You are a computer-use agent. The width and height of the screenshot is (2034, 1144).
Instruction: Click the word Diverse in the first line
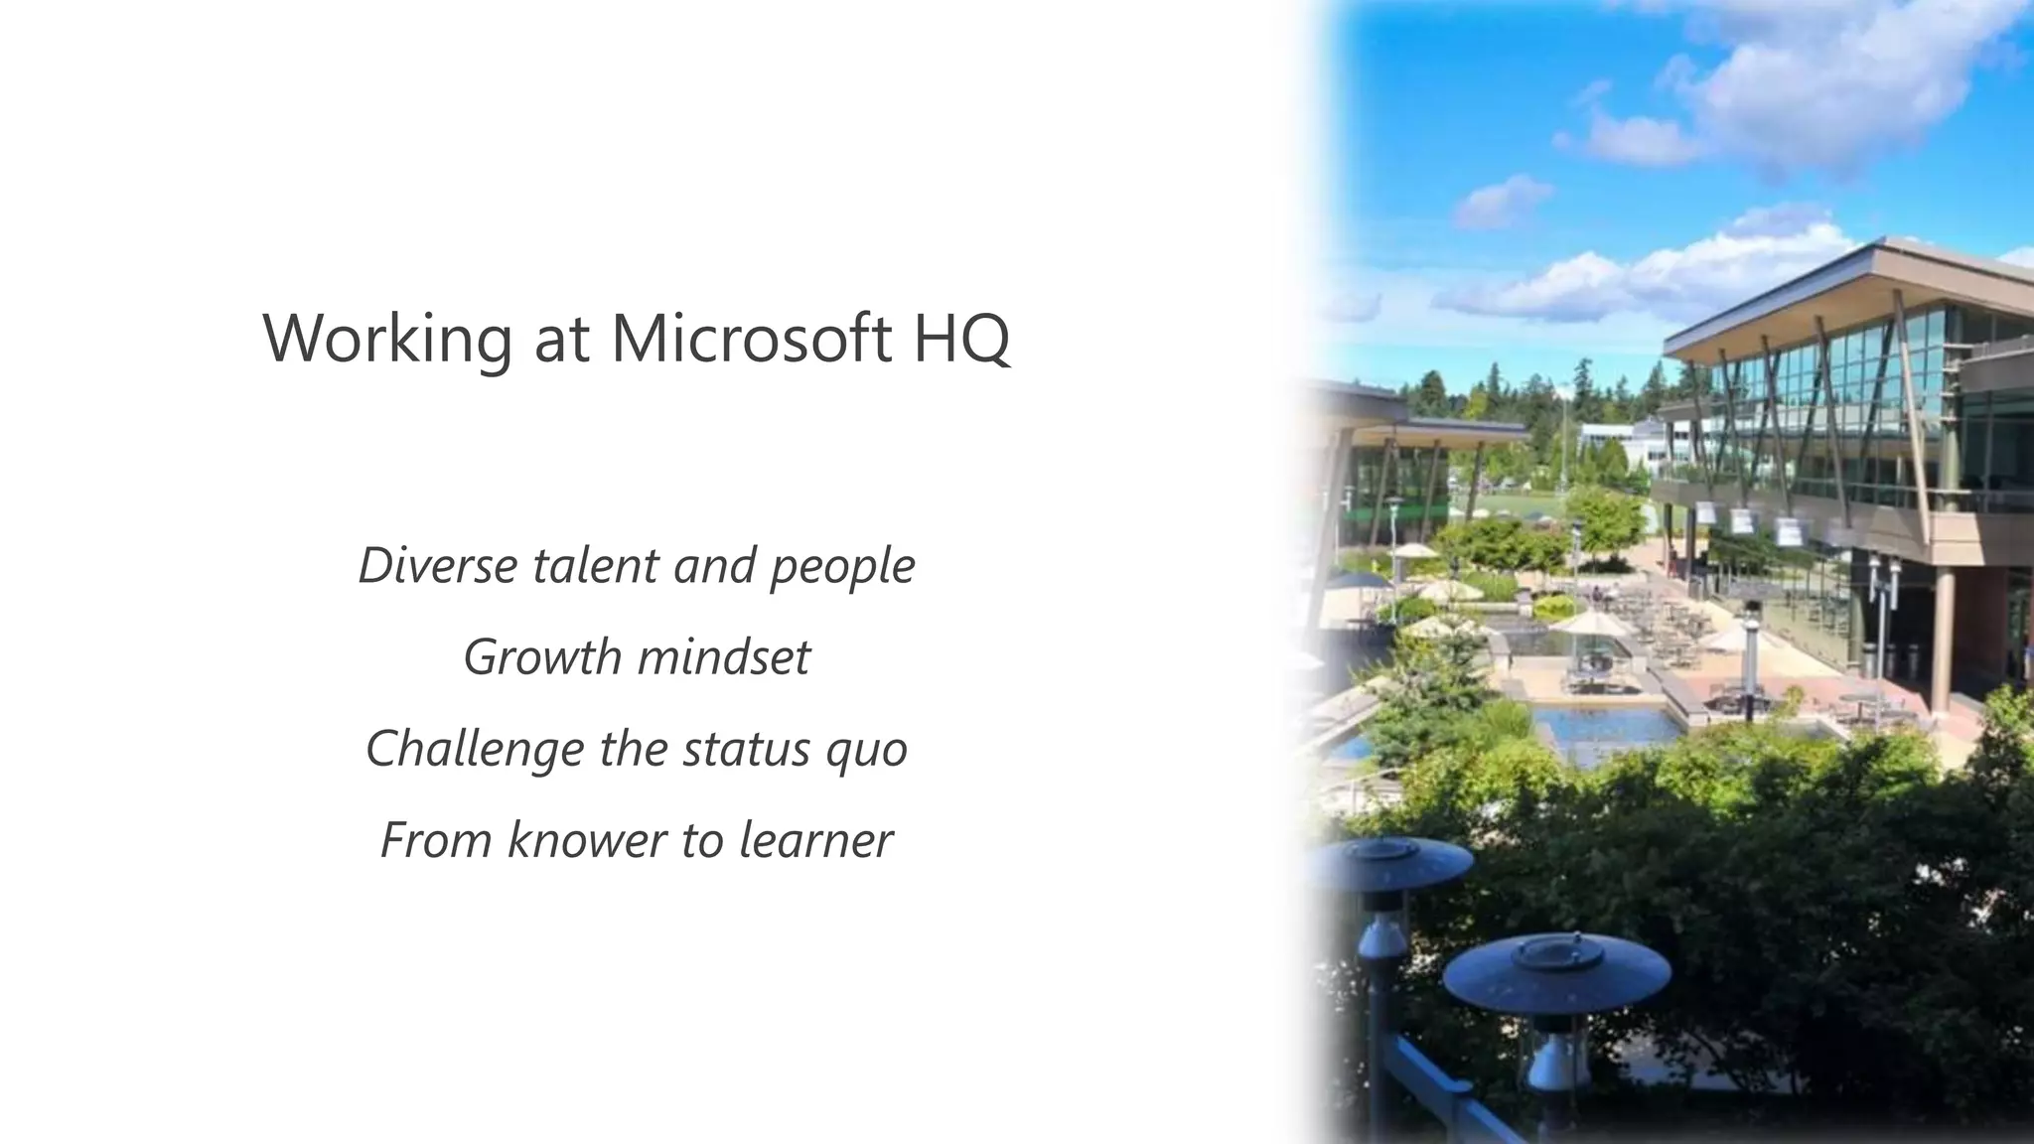pyautogui.click(x=438, y=565)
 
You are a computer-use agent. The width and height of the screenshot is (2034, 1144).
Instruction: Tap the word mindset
pyautogui.click(x=723, y=657)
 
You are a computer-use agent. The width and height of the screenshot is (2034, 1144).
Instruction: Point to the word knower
pyautogui.click(x=587, y=840)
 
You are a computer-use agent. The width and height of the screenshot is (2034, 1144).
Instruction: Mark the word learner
pyautogui.click(x=815, y=840)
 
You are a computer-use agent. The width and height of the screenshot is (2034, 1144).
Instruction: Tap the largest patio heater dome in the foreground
pyautogui.click(x=1555, y=968)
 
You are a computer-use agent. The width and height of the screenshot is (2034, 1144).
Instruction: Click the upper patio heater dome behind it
pyautogui.click(x=1387, y=860)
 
